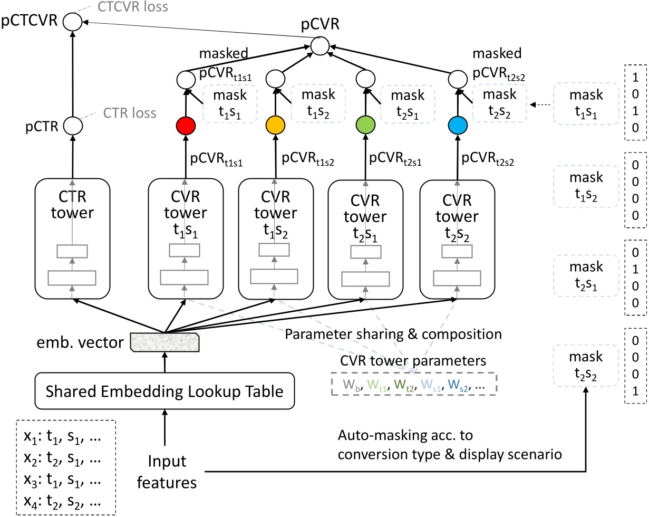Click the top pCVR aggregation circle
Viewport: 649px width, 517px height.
(x=319, y=46)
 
